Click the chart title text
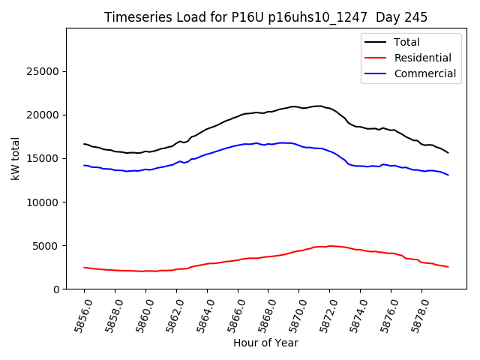click(266, 17)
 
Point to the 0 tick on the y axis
click(56, 289)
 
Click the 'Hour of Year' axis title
click(265, 343)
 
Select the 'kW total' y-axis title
click(16, 158)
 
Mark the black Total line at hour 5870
click(298, 107)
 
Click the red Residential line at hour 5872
click(329, 246)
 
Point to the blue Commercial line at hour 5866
click(237, 145)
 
